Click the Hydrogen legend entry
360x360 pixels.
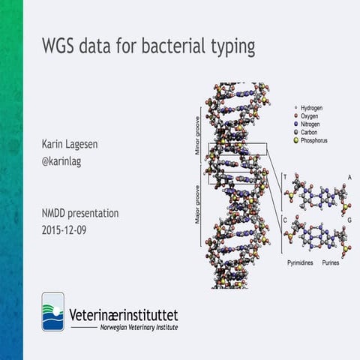(314, 108)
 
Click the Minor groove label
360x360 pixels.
(198, 140)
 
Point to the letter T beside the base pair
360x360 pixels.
(285, 177)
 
